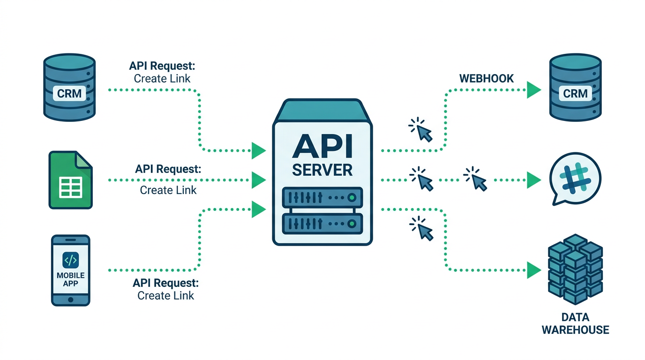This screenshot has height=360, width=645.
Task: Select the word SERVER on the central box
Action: pos(322,170)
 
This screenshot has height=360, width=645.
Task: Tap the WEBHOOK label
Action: pos(486,78)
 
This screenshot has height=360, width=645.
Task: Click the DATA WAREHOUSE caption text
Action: pos(575,324)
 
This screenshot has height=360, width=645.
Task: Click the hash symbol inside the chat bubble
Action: pos(575,179)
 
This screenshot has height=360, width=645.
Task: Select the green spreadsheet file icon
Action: pos(71,180)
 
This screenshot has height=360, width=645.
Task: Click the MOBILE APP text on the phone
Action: pos(70,279)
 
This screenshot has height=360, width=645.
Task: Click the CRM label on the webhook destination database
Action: pos(575,93)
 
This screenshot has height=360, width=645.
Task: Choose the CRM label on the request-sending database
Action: pos(69,93)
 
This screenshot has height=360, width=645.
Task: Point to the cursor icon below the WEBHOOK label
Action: pos(422,130)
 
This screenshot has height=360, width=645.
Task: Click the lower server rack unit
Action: pos(322,224)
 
